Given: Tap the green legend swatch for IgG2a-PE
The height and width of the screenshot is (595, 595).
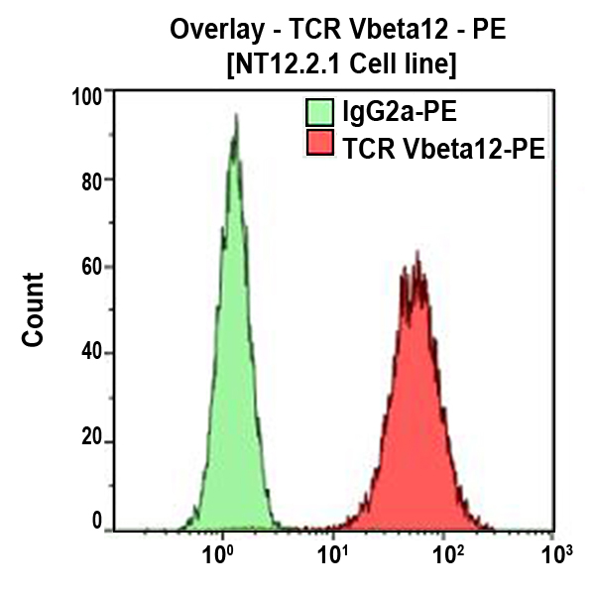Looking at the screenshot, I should [x=319, y=109].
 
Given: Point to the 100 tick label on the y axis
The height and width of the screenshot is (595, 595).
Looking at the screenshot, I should [x=91, y=96].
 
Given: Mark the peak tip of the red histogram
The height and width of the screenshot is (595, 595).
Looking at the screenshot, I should [x=417, y=252].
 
